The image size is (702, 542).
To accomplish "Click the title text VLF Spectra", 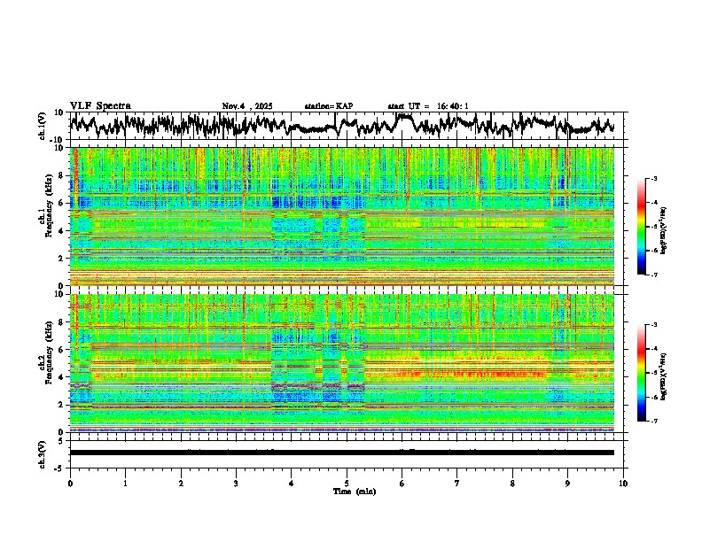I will (100, 105).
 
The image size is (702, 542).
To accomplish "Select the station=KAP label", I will (328, 106).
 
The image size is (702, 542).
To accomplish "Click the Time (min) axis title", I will (354, 491).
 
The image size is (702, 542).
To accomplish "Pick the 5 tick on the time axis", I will (347, 483).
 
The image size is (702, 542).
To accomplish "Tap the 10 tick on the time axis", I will (623, 483).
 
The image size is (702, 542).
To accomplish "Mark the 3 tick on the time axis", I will (236, 483).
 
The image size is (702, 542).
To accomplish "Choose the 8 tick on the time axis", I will (512, 483).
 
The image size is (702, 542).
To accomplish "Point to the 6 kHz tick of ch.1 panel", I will (62, 203).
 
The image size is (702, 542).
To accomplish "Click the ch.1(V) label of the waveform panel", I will (43, 126).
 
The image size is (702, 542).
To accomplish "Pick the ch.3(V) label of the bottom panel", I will (43, 453).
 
